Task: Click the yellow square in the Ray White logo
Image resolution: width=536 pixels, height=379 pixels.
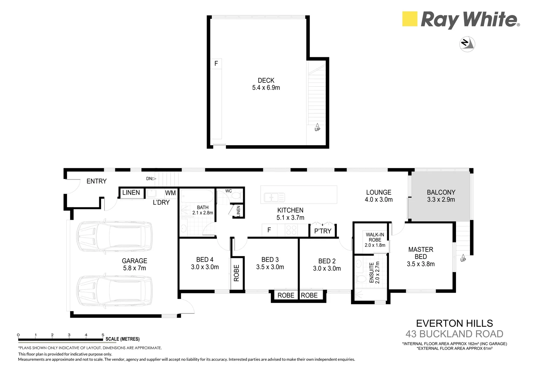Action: click(409, 19)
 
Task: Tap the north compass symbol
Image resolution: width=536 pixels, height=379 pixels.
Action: click(467, 44)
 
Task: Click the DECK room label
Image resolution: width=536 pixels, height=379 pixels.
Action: click(266, 80)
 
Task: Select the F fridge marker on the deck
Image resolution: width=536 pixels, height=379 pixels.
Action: click(216, 64)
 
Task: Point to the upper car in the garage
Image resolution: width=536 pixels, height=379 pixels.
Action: click(114, 236)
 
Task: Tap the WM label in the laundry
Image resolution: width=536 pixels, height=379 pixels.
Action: click(170, 193)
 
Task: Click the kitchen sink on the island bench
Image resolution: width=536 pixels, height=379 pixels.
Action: click(274, 197)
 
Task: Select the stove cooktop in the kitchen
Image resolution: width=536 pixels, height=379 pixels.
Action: click(292, 230)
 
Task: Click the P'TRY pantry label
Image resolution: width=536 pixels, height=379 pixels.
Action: click(322, 231)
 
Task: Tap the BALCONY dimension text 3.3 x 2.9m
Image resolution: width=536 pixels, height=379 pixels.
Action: click(441, 200)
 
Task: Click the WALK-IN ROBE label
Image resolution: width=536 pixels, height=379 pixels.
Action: click(375, 237)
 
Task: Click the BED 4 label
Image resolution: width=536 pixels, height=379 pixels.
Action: click(205, 260)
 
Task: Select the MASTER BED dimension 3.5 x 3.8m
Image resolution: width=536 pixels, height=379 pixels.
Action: click(421, 264)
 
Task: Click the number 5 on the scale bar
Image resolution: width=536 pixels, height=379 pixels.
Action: click(103, 335)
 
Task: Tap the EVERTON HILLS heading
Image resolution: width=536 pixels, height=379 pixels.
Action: click(454, 323)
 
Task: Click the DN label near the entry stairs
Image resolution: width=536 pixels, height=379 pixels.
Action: click(149, 179)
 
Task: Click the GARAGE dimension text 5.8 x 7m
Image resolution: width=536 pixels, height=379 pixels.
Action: click(134, 268)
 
